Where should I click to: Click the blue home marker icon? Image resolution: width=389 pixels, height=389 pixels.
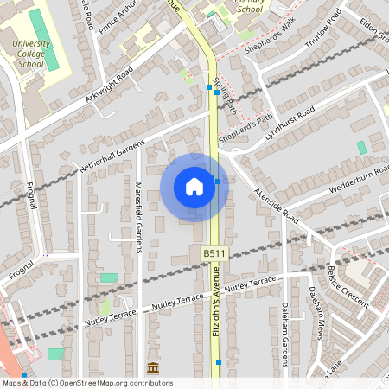pyautogui.click(x=194, y=187)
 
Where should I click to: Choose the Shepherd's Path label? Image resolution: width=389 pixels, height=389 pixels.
pyautogui.click(x=245, y=130)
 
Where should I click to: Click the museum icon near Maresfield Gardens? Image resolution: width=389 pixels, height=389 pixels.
pyautogui.click(x=153, y=367)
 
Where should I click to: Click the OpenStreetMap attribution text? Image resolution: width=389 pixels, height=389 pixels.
pyautogui.click(x=86, y=383)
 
